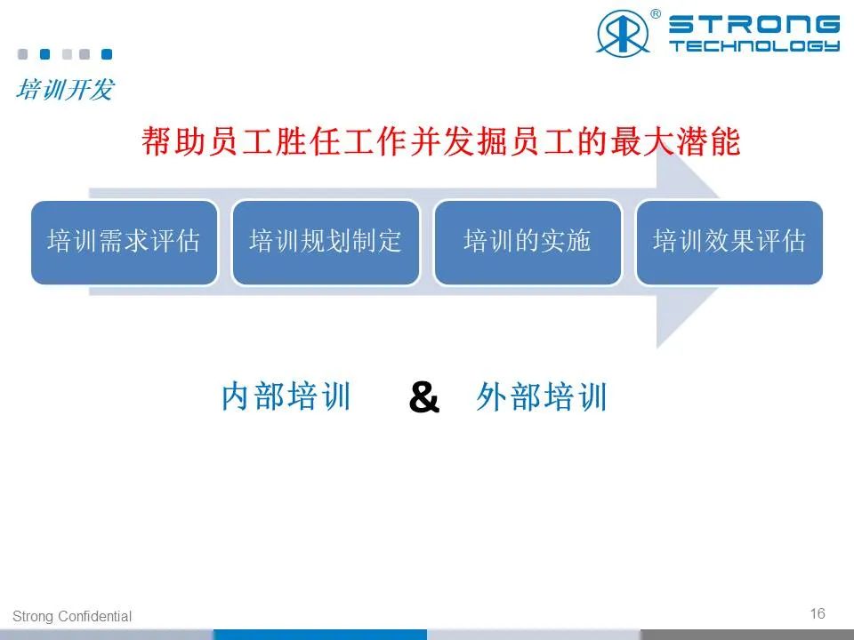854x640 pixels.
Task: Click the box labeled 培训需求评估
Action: pos(125,242)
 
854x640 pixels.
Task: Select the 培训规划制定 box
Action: pos(326,242)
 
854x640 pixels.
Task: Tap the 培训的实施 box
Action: pos(528,242)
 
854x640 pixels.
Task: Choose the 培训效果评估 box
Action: pos(729,242)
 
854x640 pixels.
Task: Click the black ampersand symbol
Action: pos(423,396)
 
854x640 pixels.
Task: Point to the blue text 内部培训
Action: pos(286,396)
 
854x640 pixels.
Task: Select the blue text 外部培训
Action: pos(542,396)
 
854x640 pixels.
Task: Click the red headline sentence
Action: pos(440,141)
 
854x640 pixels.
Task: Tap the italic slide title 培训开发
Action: pos(65,90)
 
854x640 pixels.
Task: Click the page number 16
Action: pos(818,613)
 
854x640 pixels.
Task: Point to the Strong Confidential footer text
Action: pos(72,616)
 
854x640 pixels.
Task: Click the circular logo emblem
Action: pos(623,32)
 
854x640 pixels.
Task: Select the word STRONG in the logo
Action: pos(754,25)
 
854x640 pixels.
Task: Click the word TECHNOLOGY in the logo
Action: pos(754,45)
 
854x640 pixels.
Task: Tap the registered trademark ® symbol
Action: pos(656,14)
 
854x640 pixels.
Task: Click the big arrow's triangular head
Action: pos(689,242)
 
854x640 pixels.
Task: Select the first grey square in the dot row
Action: pos(23,54)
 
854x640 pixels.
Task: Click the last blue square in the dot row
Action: pos(107,54)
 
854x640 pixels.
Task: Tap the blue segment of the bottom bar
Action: pos(320,635)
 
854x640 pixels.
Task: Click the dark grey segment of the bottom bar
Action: pos(747,635)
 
